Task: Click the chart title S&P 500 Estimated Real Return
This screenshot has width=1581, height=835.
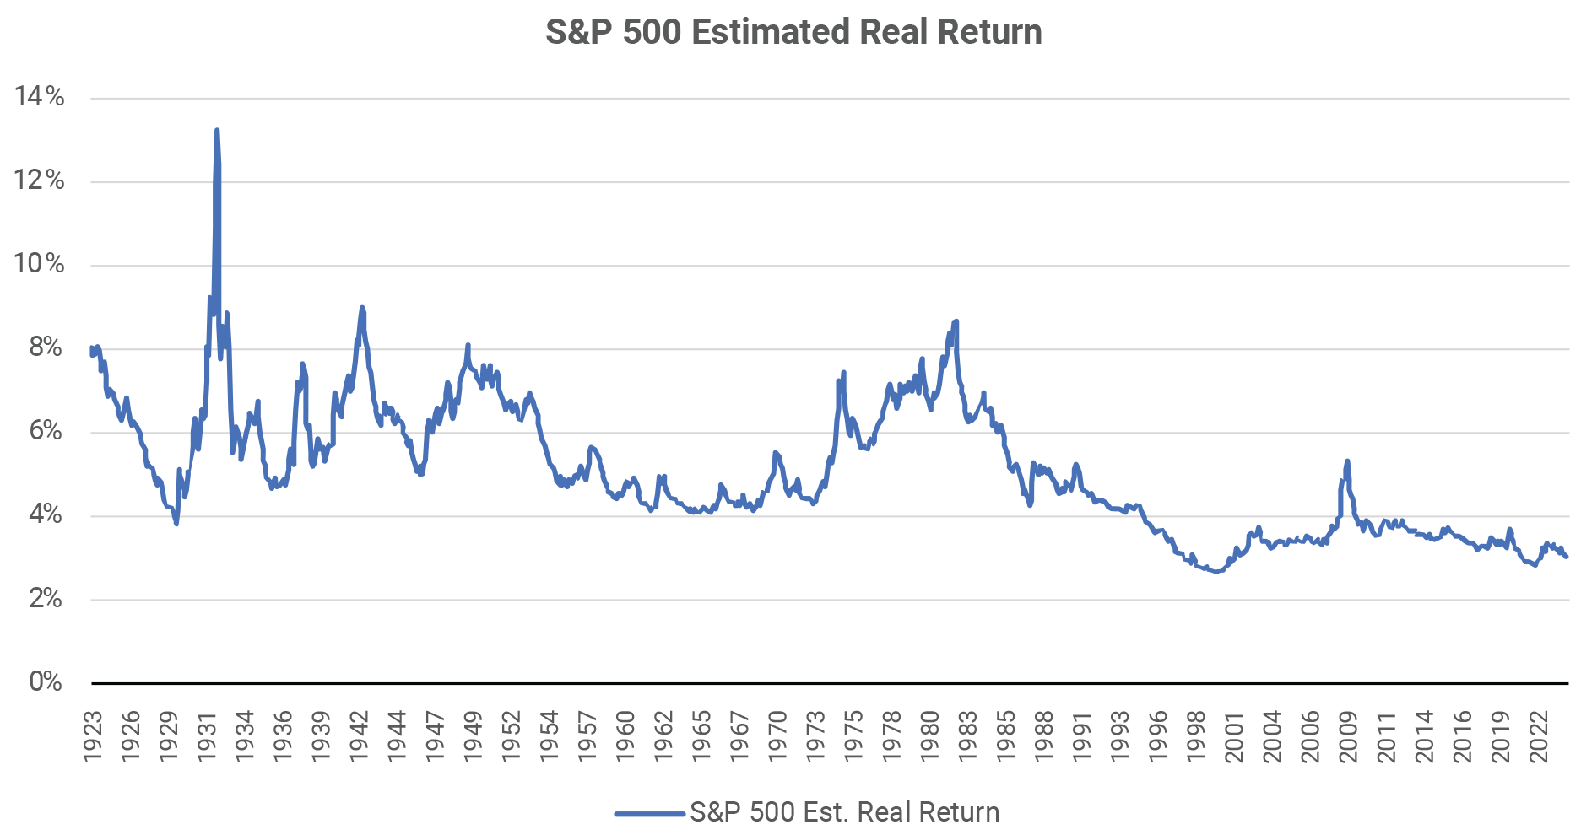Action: click(x=793, y=32)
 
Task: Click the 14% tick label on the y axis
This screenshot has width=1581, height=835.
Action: click(x=40, y=96)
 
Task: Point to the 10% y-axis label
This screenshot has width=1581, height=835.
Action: click(x=40, y=263)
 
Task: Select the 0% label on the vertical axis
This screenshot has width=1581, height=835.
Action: click(x=46, y=681)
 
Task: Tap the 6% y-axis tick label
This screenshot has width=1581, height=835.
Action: click(x=46, y=430)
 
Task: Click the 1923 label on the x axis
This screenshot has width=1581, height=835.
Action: click(x=93, y=737)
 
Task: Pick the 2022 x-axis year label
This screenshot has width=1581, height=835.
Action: click(x=1539, y=737)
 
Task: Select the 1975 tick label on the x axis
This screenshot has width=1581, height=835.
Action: click(x=853, y=737)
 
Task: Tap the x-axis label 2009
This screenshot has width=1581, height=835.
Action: click(x=1348, y=737)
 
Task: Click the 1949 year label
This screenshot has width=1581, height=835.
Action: click(x=473, y=737)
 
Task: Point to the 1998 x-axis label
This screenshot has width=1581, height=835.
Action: click(x=1196, y=737)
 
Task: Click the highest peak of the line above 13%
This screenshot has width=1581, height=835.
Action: click(x=217, y=131)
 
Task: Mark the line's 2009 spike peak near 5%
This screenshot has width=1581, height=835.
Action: click(x=1347, y=461)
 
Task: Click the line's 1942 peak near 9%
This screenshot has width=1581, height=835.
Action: click(x=362, y=308)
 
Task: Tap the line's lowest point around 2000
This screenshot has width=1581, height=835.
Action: click(x=1216, y=572)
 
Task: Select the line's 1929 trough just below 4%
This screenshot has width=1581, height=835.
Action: click(x=176, y=524)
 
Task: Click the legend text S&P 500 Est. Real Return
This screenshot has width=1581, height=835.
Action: click(x=844, y=812)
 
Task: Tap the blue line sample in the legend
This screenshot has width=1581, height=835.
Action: click(x=649, y=814)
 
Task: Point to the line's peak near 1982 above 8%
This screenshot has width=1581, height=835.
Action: click(x=956, y=321)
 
